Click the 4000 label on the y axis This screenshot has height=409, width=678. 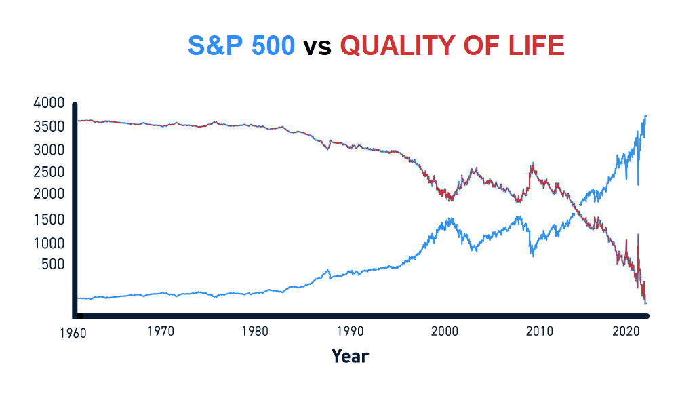click(49, 103)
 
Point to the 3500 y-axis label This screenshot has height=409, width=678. click(49, 126)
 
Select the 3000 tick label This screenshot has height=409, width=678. click(49, 150)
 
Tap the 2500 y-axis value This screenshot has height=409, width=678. click(49, 172)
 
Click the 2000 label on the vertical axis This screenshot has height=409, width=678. click(49, 193)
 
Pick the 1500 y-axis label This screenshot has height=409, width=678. click(49, 219)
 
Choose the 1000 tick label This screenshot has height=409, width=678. click(49, 243)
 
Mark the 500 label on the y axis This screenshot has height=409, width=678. click(53, 264)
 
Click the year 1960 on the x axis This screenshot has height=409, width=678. click(73, 333)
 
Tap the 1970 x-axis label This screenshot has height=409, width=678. click(161, 331)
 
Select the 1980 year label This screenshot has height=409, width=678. click(255, 331)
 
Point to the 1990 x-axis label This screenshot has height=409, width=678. click(351, 331)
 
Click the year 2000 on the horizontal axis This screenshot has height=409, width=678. click(445, 331)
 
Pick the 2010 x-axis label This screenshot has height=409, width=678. click(539, 331)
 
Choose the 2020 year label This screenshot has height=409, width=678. click(626, 331)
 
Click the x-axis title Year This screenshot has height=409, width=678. click(350, 356)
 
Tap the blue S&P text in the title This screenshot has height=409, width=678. click(215, 45)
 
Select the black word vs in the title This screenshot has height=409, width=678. click(317, 47)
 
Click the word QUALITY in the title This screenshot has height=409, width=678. click(398, 45)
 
